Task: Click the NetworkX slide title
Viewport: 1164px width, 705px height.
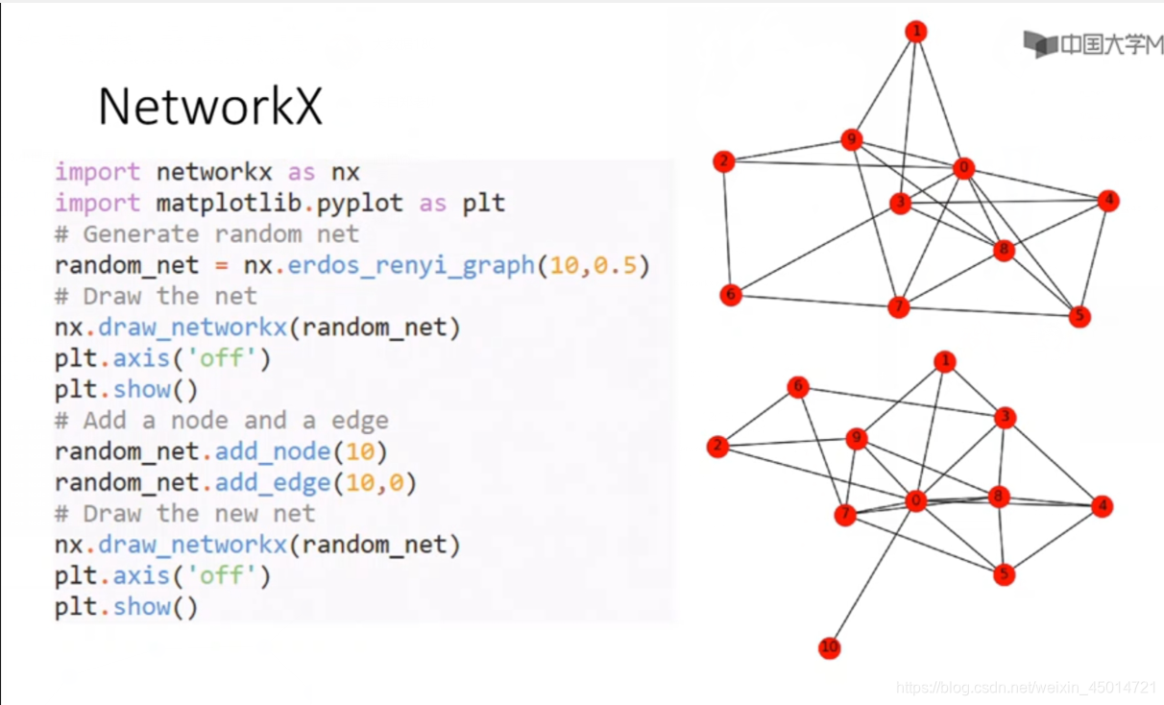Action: coord(209,106)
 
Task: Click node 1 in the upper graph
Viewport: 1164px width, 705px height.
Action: coord(916,33)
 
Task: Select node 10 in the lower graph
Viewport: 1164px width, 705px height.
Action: coord(830,648)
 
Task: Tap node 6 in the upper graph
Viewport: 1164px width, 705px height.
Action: coord(731,295)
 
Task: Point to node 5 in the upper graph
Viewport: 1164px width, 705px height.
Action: coord(1079,316)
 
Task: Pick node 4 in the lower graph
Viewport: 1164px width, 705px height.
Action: coord(1102,506)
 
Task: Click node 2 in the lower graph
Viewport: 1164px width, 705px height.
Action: coord(717,447)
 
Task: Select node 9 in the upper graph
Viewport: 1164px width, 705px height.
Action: coord(851,140)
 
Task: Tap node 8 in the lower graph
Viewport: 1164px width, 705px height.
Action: coord(1000,497)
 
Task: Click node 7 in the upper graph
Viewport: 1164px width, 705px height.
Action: coord(898,307)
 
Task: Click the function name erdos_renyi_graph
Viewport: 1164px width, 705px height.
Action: coord(410,265)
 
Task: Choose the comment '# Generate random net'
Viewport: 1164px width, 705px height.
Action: coord(206,234)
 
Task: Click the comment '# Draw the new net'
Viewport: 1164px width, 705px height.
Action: coord(184,514)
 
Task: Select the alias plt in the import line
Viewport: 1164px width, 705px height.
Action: coord(483,204)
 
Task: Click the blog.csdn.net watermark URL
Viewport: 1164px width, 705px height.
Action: coord(1026,688)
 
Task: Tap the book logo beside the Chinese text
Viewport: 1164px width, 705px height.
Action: coord(1039,44)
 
